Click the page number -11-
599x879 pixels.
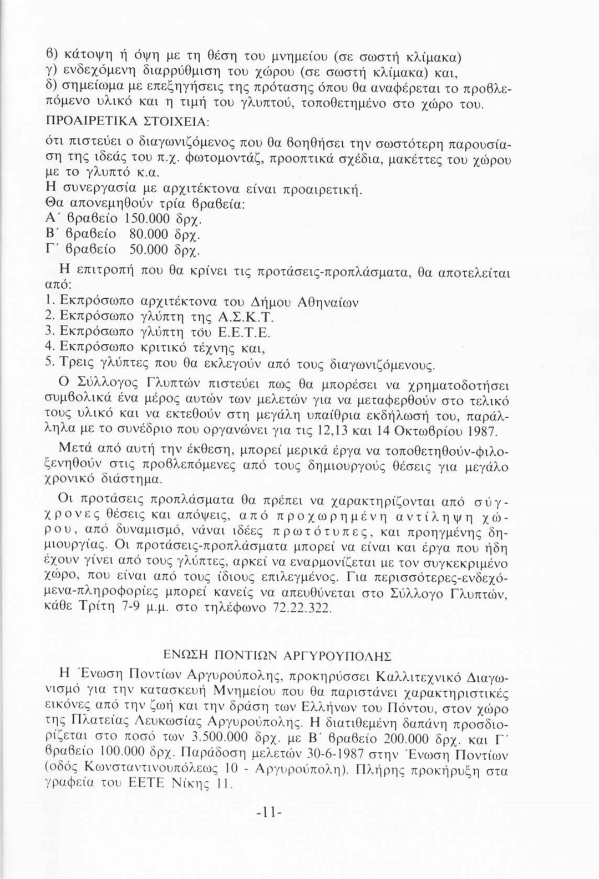pyautogui.click(x=270, y=814)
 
